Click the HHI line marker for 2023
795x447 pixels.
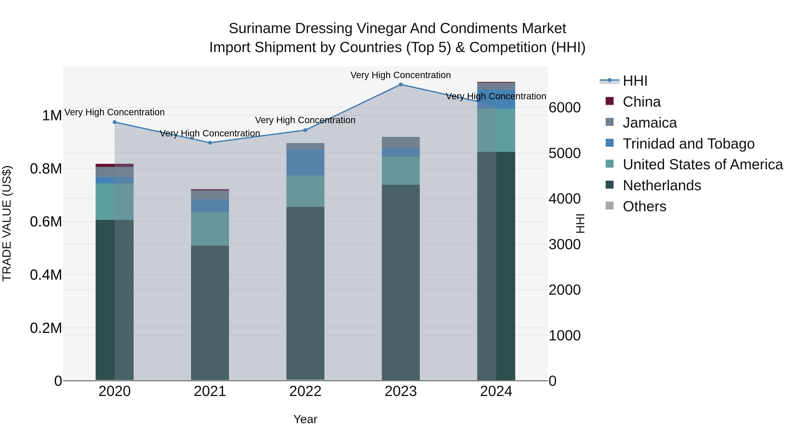point(401,85)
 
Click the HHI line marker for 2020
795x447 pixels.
point(114,122)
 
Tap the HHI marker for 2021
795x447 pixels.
point(210,143)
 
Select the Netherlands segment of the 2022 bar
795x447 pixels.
point(305,293)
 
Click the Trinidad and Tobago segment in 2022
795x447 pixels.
point(305,162)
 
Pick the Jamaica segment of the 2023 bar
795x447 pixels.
point(401,143)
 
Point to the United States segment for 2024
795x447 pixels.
point(496,130)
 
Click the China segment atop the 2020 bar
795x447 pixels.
point(114,165)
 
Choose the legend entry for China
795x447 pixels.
point(641,102)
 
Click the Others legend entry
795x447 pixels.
point(644,206)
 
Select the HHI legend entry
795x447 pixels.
point(635,81)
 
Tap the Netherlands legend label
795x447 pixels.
point(662,185)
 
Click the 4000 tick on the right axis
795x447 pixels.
point(564,199)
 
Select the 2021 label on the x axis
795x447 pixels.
point(210,391)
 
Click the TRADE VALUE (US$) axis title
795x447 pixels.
point(7,223)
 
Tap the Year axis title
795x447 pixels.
point(305,419)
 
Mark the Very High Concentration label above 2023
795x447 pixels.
point(401,75)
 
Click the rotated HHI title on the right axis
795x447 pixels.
point(580,223)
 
